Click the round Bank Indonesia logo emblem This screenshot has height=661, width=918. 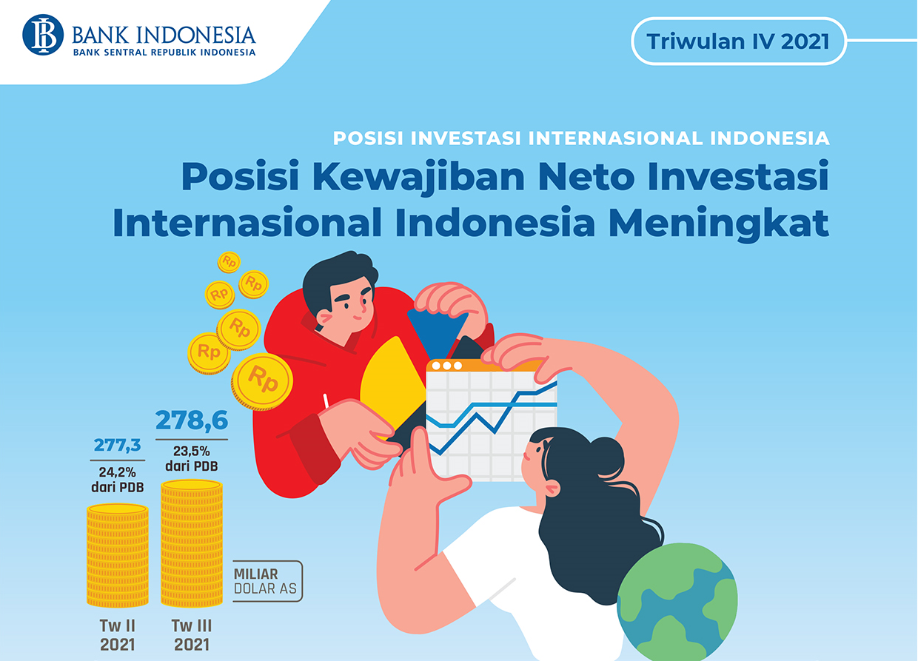43,35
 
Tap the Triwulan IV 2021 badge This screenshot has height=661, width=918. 739,41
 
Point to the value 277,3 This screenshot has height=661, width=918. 117,445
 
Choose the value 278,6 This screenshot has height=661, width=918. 192,420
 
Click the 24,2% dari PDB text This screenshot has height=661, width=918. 117,480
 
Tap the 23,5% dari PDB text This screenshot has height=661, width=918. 192,459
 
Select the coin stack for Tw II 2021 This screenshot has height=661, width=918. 118,555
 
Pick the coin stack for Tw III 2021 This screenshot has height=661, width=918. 192,543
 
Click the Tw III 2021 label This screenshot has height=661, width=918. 192,635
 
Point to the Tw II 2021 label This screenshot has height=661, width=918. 118,635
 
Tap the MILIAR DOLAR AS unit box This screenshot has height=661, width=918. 267,581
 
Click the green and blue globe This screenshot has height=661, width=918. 677,603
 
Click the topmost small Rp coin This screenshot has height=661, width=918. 229,262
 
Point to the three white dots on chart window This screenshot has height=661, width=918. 447,365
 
